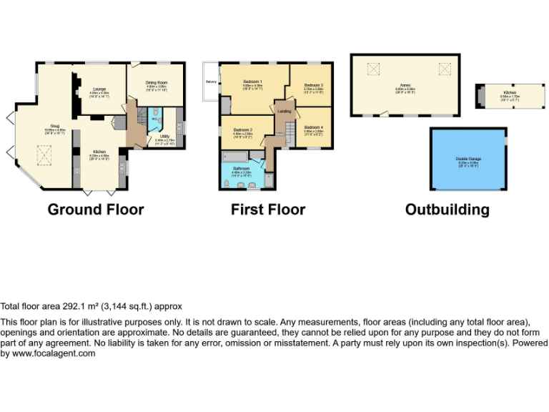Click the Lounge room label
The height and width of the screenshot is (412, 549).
(99, 92)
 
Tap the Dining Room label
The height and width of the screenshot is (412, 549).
(156, 86)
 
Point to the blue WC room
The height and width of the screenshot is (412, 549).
(155, 119)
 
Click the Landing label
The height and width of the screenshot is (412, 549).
(284, 112)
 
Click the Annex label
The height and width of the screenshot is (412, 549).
(405, 89)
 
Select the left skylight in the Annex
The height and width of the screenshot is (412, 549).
(372, 69)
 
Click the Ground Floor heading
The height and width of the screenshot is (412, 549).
(96, 210)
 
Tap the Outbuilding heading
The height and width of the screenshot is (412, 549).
(447, 210)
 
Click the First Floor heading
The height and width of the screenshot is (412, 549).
(268, 210)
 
